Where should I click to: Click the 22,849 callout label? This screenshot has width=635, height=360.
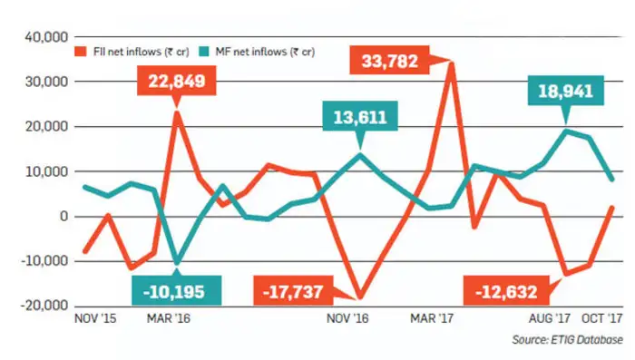178,83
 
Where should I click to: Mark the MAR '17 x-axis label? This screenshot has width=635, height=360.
431,319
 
